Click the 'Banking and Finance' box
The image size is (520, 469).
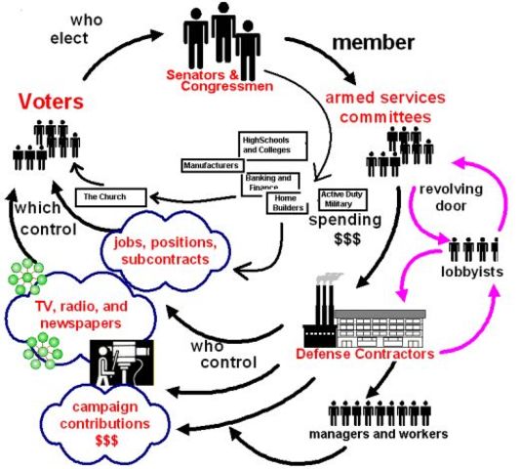pos(269,181)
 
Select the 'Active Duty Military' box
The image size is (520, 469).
pos(343,198)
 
